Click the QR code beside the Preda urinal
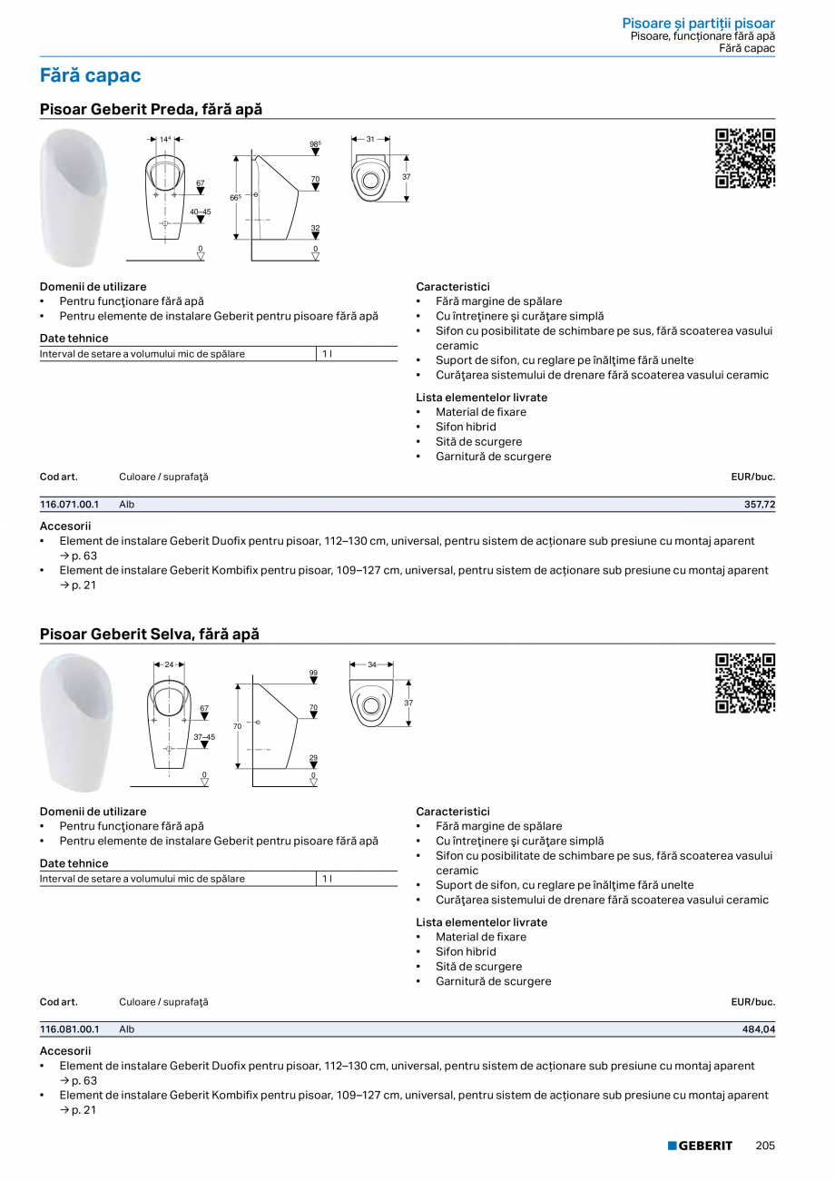[x=745, y=158]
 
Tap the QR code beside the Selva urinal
[x=745, y=683]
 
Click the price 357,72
[x=759, y=504]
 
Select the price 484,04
[x=759, y=1029]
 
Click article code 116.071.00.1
[x=70, y=504]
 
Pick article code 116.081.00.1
[x=70, y=1029]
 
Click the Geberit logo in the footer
[x=700, y=1146]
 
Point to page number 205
[x=765, y=1146]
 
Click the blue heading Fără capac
[x=91, y=75]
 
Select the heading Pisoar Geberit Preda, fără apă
[x=151, y=109]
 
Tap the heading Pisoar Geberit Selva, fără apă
[x=150, y=634]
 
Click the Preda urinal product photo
[x=74, y=198]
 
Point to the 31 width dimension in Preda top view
[x=370, y=139]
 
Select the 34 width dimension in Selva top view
[x=371, y=664]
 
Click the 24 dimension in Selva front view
[x=169, y=664]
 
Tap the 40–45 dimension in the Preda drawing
[x=200, y=212]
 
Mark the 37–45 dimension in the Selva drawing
[x=204, y=737]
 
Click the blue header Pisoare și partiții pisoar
[x=698, y=23]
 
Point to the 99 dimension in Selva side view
[x=313, y=673]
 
